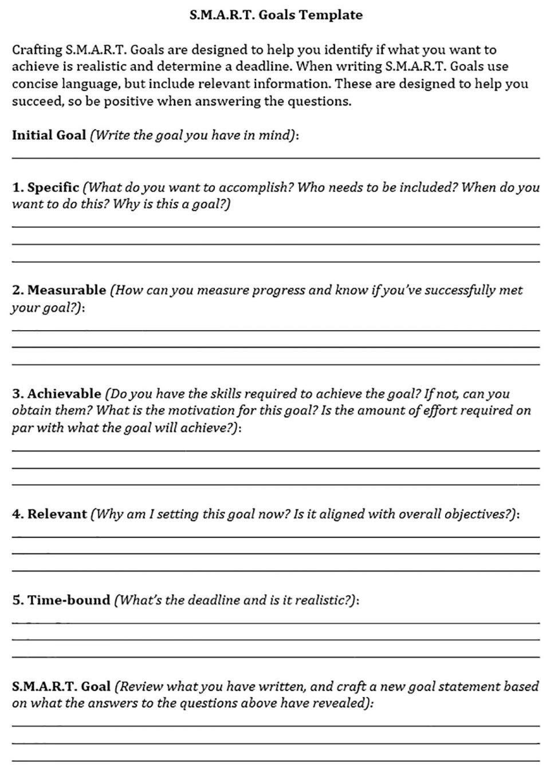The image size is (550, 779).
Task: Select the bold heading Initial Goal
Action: tap(49, 135)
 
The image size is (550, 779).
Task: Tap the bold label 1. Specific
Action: tap(46, 187)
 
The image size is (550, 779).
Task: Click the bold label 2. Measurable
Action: tap(59, 290)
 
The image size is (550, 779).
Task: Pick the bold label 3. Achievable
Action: tap(57, 394)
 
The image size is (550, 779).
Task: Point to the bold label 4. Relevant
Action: tap(50, 514)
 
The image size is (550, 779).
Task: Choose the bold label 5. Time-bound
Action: tap(61, 600)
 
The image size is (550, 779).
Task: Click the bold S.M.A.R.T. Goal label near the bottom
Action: tap(61, 686)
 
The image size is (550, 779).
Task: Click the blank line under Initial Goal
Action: tap(275, 157)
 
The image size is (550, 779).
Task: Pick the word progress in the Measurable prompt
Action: tap(278, 290)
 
